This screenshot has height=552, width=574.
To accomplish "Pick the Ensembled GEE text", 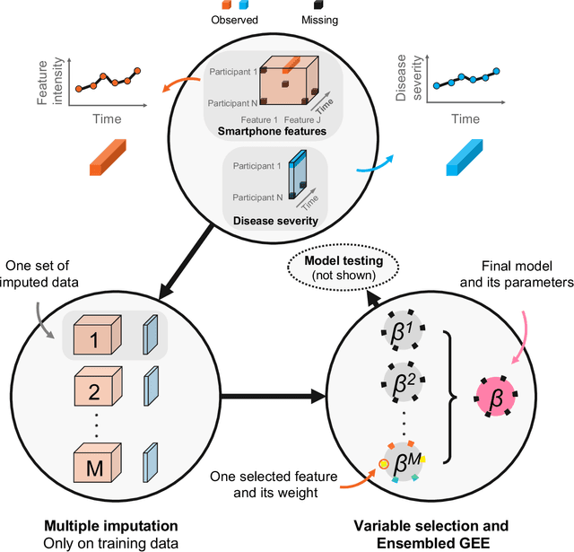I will click(x=407, y=541).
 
